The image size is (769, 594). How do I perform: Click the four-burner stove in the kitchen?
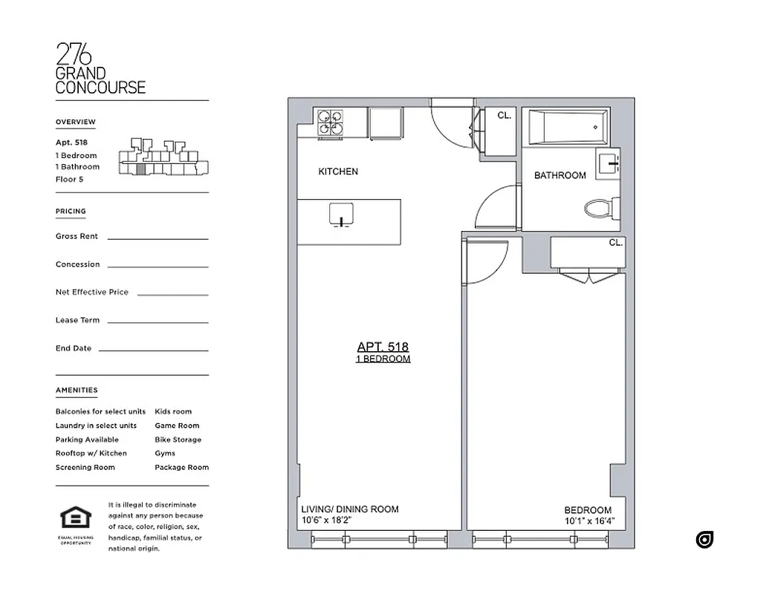click(x=331, y=123)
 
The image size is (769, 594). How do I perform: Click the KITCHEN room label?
click(x=338, y=172)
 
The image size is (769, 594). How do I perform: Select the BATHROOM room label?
click(x=559, y=176)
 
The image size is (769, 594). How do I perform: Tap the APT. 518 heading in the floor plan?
click(x=383, y=347)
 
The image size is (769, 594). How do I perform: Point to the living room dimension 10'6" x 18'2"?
click(x=327, y=521)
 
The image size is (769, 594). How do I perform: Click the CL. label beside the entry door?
click(x=504, y=115)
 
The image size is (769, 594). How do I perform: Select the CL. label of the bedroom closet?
click(x=615, y=243)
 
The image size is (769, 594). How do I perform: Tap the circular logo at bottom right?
click(x=704, y=540)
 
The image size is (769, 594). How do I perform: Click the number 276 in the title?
click(x=74, y=54)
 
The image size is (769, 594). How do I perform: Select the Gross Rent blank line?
click(x=158, y=238)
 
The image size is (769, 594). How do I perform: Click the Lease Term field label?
click(x=78, y=320)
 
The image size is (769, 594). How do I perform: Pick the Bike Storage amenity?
click(x=178, y=440)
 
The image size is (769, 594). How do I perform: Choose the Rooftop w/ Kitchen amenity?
click(x=91, y=453)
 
